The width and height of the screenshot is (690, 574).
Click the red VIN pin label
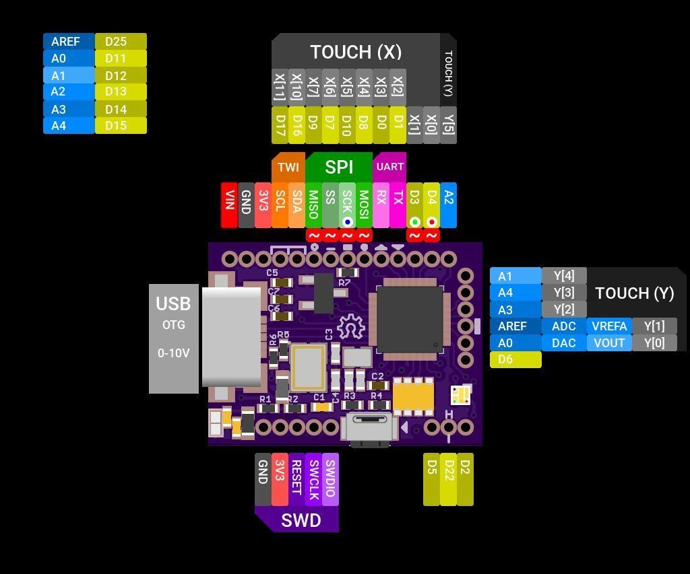229,205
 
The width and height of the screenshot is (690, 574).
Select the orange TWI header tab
288,168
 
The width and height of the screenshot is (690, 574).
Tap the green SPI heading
339,167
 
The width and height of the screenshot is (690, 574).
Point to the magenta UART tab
389,167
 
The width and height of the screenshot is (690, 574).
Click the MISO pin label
313,205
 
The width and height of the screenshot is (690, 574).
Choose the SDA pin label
296,205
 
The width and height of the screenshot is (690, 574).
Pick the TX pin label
398,205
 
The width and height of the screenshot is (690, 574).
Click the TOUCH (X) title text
355,52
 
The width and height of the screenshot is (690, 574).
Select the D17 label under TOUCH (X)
280,125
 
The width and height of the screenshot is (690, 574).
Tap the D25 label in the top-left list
121,42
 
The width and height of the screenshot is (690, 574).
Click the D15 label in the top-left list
121,126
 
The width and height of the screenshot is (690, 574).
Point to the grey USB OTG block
173,338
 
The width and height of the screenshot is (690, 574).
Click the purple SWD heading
301,520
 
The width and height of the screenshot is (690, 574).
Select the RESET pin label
296,479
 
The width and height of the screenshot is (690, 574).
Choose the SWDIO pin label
330,479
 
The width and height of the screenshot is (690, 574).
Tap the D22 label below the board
448,479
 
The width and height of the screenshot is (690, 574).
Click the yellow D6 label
515,360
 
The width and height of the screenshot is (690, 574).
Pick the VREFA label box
609,326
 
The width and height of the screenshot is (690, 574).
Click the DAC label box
563,343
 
